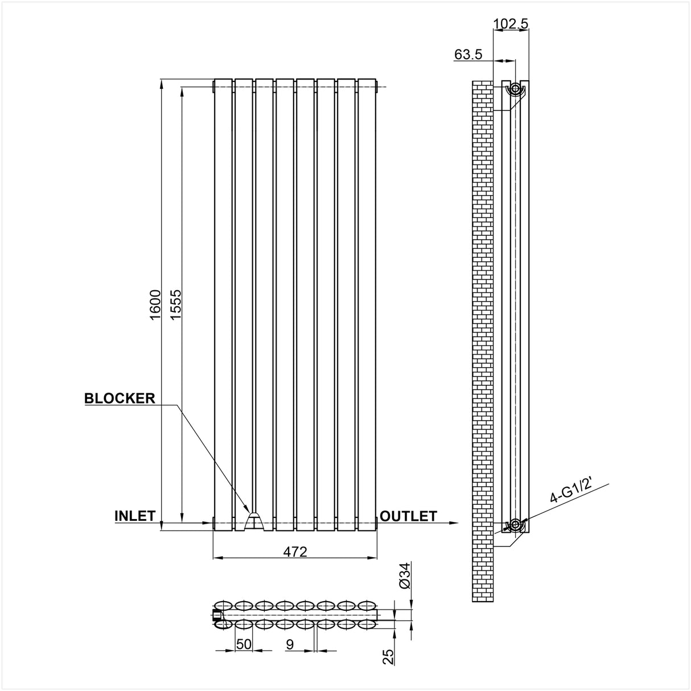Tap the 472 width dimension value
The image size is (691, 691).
pos(295,551)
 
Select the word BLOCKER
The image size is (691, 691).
pos(120,398)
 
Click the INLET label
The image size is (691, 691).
pos(135,516)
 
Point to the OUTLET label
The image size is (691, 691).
pos(408,516)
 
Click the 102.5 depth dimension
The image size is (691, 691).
pos(511,23)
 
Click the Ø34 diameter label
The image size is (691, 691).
pos(405,577)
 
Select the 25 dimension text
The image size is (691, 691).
pos(389,657)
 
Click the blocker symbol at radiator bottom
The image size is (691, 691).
pos(254,519)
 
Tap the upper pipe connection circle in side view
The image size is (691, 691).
pos(515,89)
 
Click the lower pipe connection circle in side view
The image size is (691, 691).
pos(515,524)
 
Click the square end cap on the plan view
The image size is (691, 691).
pos(216,615)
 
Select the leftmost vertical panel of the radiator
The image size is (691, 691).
pos(223,302)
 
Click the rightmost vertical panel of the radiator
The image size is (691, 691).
pos(367,302)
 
